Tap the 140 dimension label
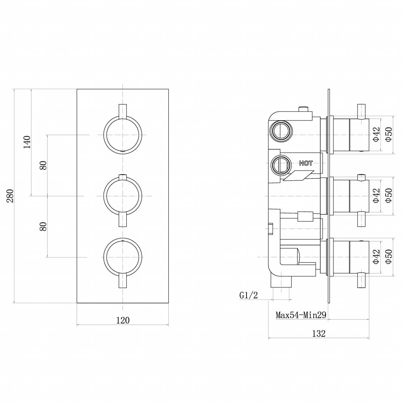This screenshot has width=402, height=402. click(x=27, y=142)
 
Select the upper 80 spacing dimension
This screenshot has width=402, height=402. click(x=43, y=165)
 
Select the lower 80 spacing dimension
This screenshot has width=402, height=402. click(x=43, y=226)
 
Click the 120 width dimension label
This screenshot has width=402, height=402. click(x=122, y=320)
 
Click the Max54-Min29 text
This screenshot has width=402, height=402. click(x=301, y=314)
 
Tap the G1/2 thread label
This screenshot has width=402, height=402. click(x=248, y=295)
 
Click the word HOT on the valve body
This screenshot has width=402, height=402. click(x=306, y=163)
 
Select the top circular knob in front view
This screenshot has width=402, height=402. click(x=122, y=134)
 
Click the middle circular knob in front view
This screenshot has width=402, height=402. click(x=122, y=196)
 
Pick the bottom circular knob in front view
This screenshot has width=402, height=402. click(x=122, y=257)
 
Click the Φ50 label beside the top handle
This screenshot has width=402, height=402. click(x=387, y=134)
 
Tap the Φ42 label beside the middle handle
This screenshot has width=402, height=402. click(x=376, y=196)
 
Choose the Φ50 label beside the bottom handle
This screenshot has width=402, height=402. click(x=387, y=257)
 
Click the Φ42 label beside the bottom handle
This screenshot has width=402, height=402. click(x=376, y=257)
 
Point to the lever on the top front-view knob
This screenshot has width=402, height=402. click(x=122, y=111)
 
